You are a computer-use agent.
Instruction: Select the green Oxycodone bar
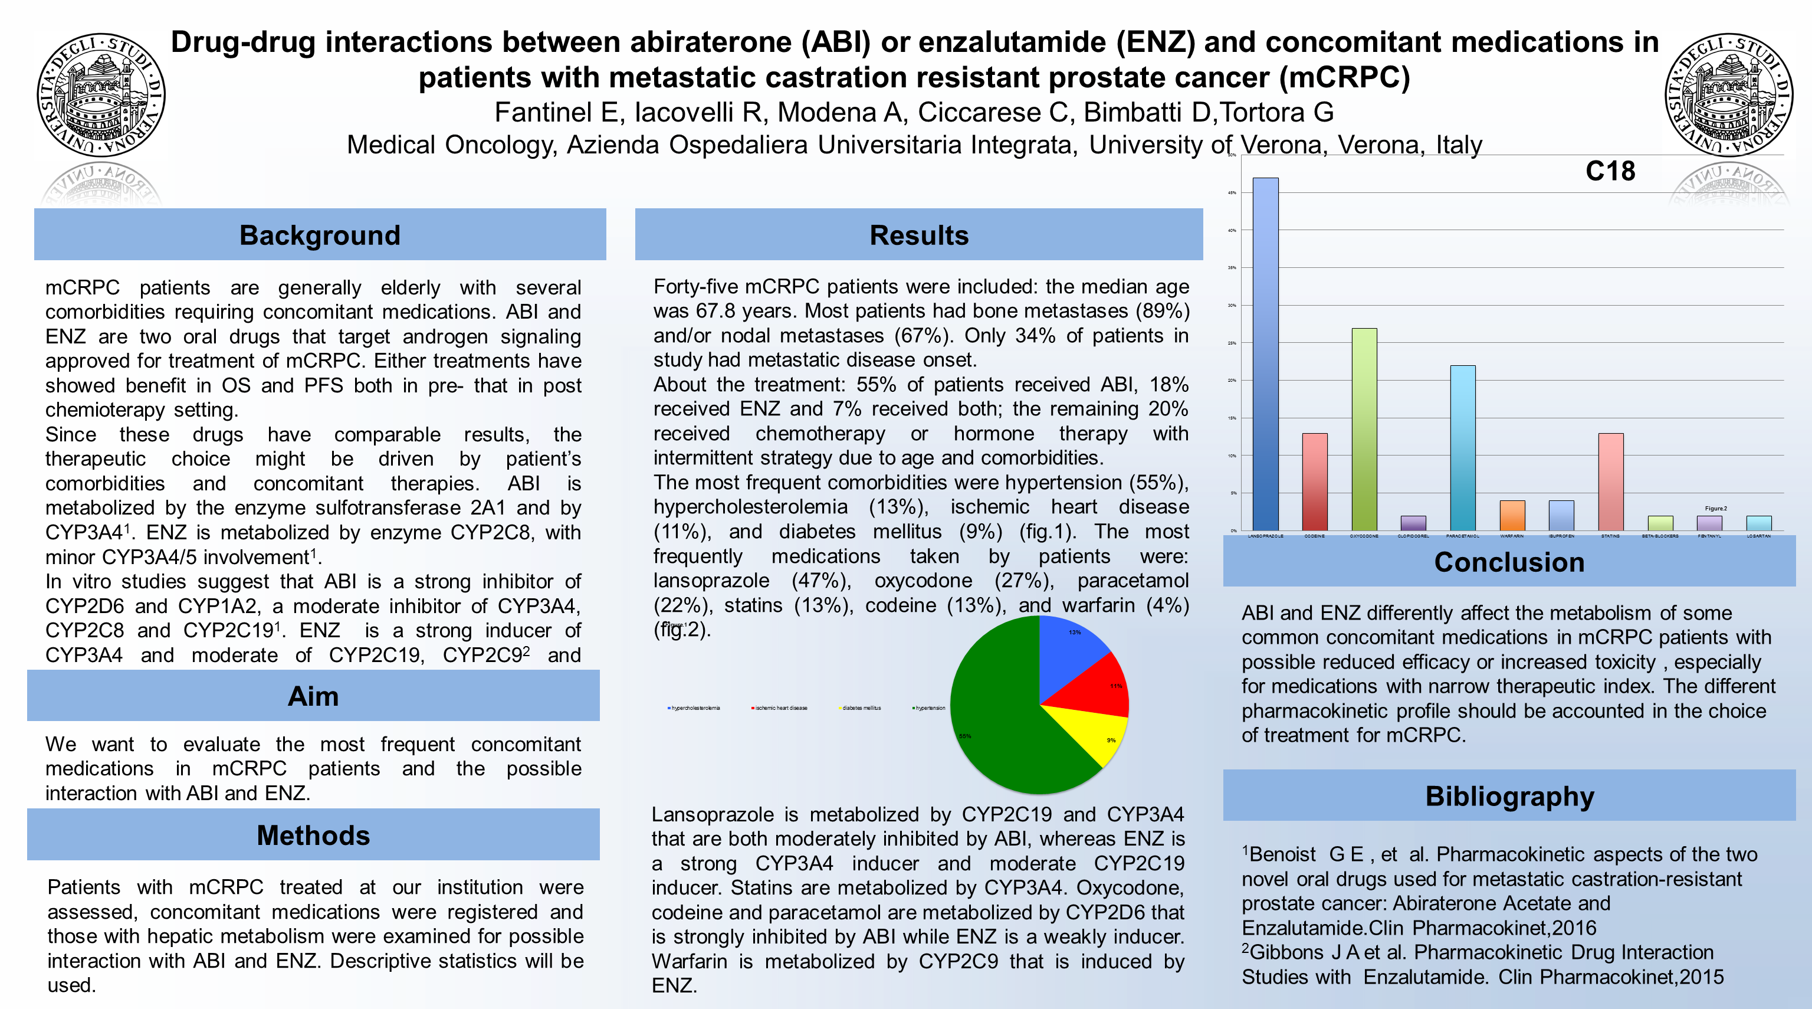coord(1364,429)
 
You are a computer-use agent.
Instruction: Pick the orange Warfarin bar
coord(1512,515)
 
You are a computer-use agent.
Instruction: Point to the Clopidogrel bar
coord(1413,523)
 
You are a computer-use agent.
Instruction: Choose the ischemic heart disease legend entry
coord(780,708)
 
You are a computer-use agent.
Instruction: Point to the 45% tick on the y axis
coord(1232,192)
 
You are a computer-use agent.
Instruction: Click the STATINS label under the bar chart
coord(1610,536)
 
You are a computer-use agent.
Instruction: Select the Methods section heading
coord(313,835)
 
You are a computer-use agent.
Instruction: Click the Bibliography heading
coord(1509,796)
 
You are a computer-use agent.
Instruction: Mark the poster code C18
coord(1610,171)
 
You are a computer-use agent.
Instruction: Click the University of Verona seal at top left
coord(101,94)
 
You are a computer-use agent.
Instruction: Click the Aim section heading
coord(313,696)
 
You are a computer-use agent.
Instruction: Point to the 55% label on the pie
coord(965,736)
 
